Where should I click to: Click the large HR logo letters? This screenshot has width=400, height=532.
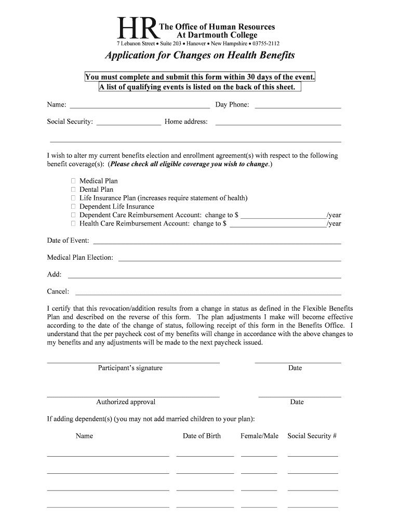pos(137,30)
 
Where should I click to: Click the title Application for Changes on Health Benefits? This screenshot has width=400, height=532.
pos(200,55)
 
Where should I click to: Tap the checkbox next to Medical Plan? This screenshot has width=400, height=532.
pos(73,181)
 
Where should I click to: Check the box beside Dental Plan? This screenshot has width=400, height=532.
pos(73,190)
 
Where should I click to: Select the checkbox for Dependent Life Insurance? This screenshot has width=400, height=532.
pos(73,206)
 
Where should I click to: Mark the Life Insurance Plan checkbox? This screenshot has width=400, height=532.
pos(73,198)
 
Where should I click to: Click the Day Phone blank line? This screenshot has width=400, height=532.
pos(298,107)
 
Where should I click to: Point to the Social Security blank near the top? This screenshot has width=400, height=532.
pos(129,124)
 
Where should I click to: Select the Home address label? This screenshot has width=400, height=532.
pos(186,122)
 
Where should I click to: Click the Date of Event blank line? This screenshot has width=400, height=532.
pos(217,243)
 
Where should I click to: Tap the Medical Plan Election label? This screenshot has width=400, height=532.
pos(80,257)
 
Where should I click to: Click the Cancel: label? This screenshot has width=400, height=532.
pos(58,291)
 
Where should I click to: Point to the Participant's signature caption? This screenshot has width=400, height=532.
pos(130,368)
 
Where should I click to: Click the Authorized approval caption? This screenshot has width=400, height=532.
pos(126,402)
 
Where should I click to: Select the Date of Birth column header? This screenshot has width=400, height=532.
pos(202,436)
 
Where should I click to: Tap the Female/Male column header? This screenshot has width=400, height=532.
pos(259,436)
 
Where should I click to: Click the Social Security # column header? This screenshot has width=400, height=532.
pos(312,436)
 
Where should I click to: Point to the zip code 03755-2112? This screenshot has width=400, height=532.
pos(266,44)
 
